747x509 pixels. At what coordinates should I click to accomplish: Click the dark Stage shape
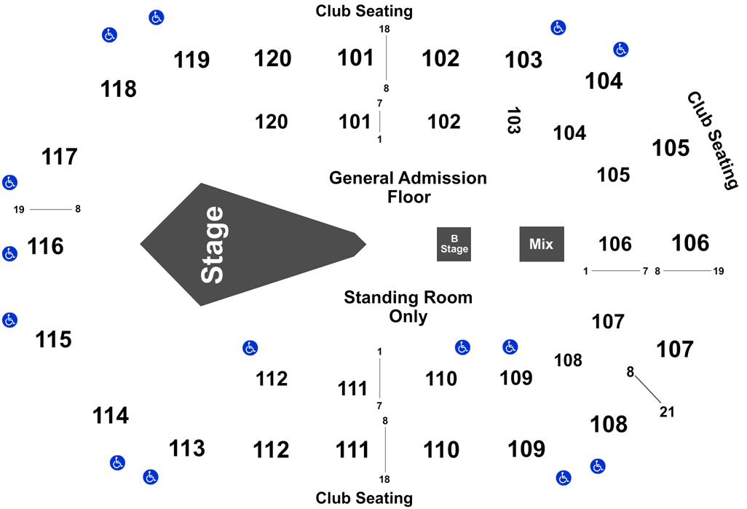(x=238, y=245)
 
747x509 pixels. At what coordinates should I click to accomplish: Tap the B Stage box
(x=454, y=244)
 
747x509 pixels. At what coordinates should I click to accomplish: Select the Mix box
(x=542, y=244)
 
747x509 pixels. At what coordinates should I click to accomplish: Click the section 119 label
(x=191, y=60)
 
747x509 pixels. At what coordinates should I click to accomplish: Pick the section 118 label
(x=119, y=89)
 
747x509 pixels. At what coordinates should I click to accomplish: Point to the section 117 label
(x=60, y=157)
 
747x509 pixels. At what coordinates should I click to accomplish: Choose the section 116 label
(x=45, y=246)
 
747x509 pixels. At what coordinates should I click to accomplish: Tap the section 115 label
(x=53, y=340)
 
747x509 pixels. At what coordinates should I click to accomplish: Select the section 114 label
(x=111, y=416)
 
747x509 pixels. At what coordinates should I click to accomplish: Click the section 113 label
(x=187, y=449)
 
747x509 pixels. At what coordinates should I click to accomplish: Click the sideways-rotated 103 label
(x=513, y=120)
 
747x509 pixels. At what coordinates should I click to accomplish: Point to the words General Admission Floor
(x=408, y=187)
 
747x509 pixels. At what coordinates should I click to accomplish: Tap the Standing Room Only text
(x=408, y=307)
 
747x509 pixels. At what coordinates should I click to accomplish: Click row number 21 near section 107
(x=667, y=411)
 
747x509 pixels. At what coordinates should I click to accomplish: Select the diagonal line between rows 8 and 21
(x=648, y=390)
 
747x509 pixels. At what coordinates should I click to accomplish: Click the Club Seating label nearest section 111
(x=364, y=498)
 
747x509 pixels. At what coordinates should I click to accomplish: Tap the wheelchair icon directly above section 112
(x=250, y=348)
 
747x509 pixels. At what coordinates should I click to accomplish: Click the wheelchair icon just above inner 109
(x=510, y=347)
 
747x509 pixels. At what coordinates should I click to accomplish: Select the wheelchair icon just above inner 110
(x=462, y=347)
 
